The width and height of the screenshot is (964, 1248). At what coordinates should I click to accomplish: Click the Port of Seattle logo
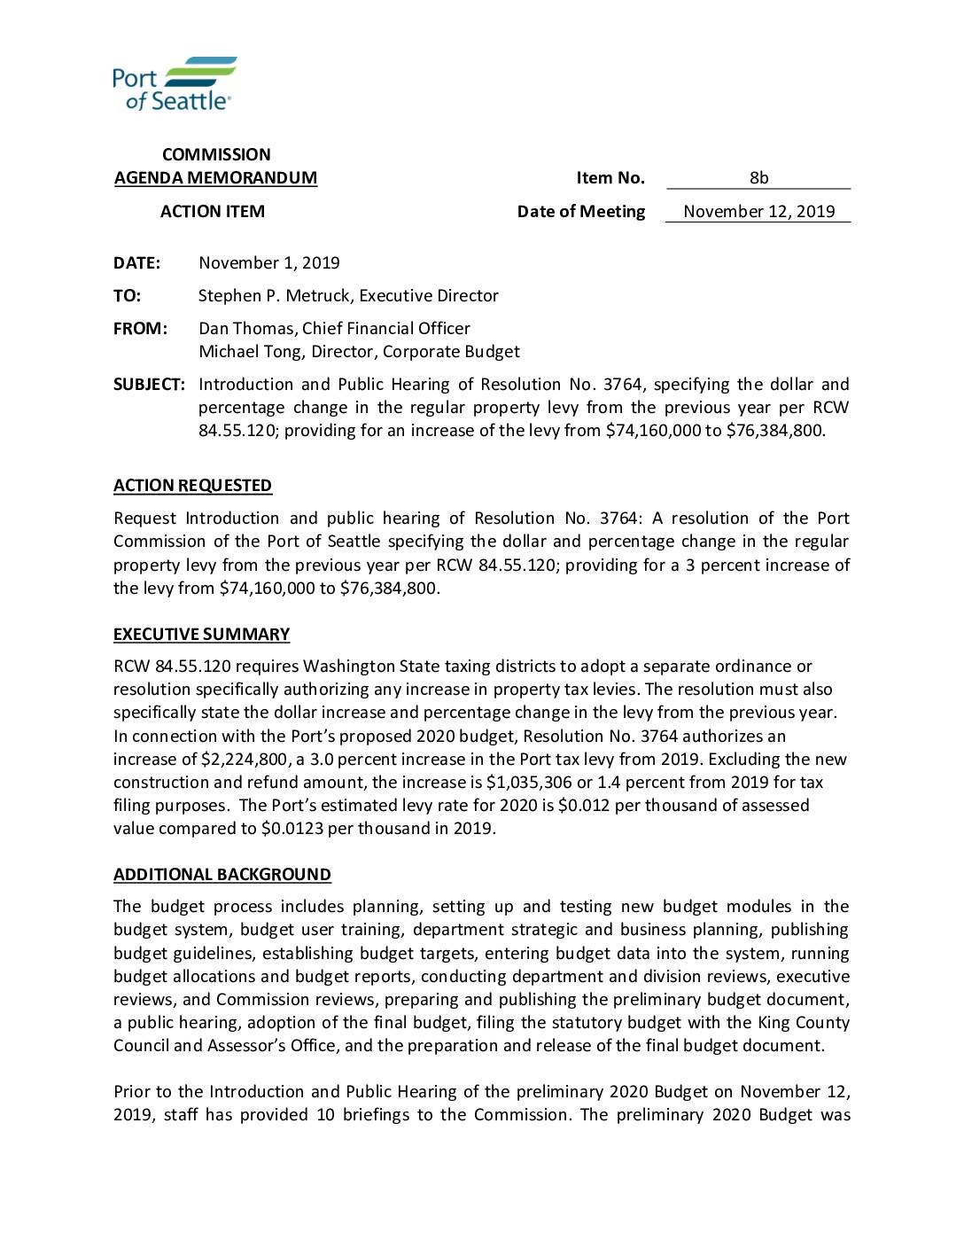click(175, 82)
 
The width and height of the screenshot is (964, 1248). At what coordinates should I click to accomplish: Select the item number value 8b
click(758, 178)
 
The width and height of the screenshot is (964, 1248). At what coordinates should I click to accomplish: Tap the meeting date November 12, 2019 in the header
click(758, 212)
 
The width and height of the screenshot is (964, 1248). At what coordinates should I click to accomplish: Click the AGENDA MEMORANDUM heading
click(215, 178)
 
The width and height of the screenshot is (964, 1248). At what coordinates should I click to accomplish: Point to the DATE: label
click(136, 263)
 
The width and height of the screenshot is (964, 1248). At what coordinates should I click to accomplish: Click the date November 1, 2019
click(268, 263)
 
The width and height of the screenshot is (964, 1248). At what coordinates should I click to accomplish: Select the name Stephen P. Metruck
click(275, 296)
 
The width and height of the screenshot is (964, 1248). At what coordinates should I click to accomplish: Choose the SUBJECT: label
click(149, 385)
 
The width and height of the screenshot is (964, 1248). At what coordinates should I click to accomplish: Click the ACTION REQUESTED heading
click(192, 486)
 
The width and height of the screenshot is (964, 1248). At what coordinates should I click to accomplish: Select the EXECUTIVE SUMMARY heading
click(201, 635)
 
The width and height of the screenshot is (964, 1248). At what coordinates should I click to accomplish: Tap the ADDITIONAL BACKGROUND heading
click(222, 875)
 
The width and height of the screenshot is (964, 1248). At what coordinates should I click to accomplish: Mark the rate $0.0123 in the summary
click(294, 829)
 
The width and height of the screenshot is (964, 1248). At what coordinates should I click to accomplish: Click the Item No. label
click(610, 178)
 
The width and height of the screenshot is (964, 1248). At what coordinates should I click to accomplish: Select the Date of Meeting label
click(580, 212)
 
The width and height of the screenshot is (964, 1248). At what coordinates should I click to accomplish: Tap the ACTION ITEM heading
click(212, 212)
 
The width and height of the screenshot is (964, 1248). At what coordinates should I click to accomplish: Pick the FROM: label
click(140, 329)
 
